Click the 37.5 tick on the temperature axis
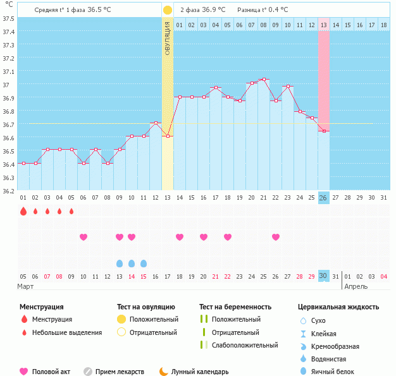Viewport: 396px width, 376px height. tap(9, 18)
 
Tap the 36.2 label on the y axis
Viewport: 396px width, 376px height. tap(9, 190)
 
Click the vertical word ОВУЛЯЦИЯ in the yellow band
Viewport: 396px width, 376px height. tap(168, 38)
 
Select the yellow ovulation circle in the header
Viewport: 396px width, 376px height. tap(167, 10)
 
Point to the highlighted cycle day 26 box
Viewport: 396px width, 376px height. tap(324, 198)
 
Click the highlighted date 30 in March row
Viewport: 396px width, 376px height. tap(324, 276)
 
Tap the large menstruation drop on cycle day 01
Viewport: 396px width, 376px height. tap(23, 211)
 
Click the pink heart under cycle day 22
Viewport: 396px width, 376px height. tap(276, 237)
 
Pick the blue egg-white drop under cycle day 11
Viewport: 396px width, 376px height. tap(144, 263)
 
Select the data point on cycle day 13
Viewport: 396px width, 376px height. tap(168, 136)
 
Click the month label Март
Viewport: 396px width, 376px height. tap(26, 286)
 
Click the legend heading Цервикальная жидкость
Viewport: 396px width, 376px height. tap(338, 307)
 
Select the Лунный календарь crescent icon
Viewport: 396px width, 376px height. tap(164, 372)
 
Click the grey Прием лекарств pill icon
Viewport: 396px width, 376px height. tap(88, 372)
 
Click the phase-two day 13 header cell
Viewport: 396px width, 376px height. tap(324, 25)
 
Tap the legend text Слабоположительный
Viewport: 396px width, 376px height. tap(245, 345)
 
